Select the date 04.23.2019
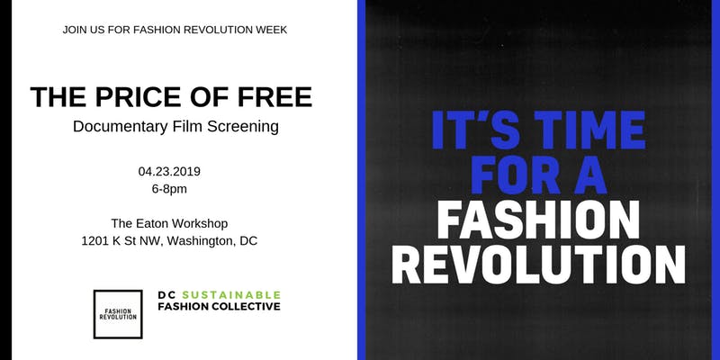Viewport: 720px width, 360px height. (x=169, y=172)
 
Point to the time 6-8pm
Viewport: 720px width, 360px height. (x=169, y=189)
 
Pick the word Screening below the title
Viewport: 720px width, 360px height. (x=243, y=127)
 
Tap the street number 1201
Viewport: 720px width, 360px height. (x=95, y=241)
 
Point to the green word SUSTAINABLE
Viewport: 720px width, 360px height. (x=231, y=295)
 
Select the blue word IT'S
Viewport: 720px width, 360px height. (x=476, y=130)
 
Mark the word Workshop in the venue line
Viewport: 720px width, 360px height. (x=204, y=223)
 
